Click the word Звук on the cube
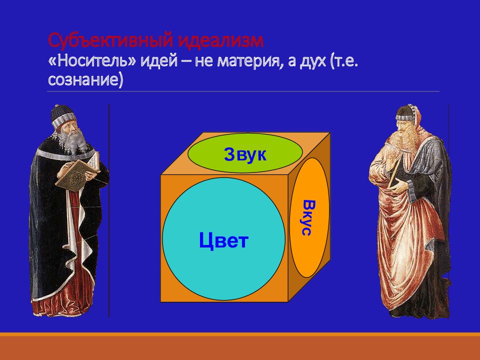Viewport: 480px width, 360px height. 245,154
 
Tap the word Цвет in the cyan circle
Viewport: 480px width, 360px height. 223,240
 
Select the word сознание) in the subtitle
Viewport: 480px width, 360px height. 85,80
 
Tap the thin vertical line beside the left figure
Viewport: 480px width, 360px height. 109,210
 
